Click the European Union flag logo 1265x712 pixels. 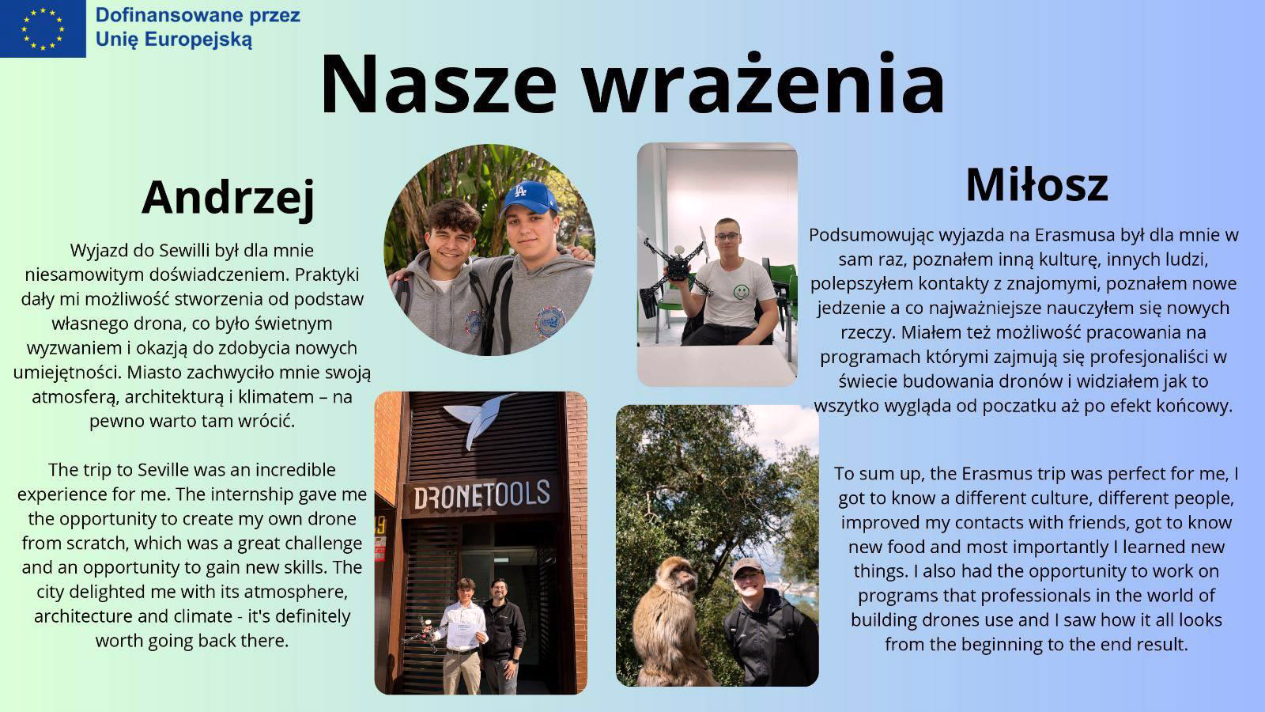coord(43,28)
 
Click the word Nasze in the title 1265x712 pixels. coord(439,85)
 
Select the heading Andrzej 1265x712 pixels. coord(228,198)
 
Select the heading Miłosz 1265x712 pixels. coord(1037,185)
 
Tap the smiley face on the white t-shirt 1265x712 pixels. coord(741,292)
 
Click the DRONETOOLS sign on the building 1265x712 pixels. coord(481,495)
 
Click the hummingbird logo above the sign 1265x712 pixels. coord(479,418)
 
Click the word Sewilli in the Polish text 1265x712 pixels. coord(187,250)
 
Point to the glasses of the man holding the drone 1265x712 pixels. coord(726,236)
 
